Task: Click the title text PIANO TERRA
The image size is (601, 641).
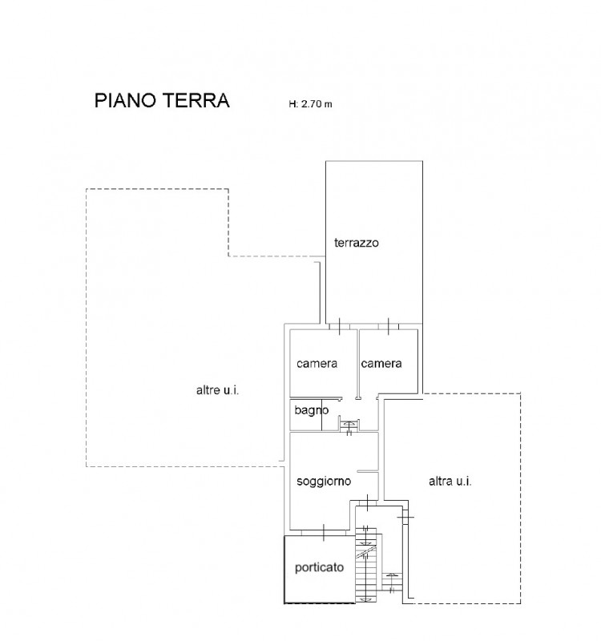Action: [162, 101]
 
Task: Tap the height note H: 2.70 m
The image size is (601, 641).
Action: [310, 104]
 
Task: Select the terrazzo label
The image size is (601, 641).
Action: [357, 243]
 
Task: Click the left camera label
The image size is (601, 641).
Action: [317, 364]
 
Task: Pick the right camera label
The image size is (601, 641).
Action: [381, 364]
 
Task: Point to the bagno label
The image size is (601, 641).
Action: [312, 410]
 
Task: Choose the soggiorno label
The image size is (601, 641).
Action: [324, 482]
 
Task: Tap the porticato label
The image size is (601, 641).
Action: [319, 567]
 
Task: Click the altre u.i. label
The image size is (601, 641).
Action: [217, 390]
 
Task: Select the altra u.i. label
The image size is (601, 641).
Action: [450, 482]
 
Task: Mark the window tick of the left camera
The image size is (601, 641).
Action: [340, 327]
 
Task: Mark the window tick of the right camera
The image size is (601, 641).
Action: [389, 327]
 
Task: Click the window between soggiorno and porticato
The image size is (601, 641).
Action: [324, 533]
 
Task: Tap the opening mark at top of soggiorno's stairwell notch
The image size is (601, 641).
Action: [368, 502]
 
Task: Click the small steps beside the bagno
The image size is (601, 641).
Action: [349, 425]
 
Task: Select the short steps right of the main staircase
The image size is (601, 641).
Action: [392, 583]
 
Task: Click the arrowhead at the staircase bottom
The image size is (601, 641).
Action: [364, 599]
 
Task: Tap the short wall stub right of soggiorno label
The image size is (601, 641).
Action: [368, 472]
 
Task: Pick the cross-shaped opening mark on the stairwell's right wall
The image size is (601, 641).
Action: [405, 517]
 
